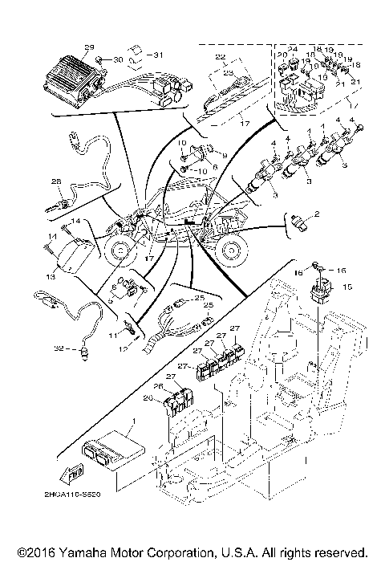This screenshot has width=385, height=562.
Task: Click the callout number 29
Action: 89,47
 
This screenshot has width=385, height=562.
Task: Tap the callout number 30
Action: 118,60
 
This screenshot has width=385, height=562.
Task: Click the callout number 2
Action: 316,214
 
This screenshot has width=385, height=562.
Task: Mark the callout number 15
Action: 347,287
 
